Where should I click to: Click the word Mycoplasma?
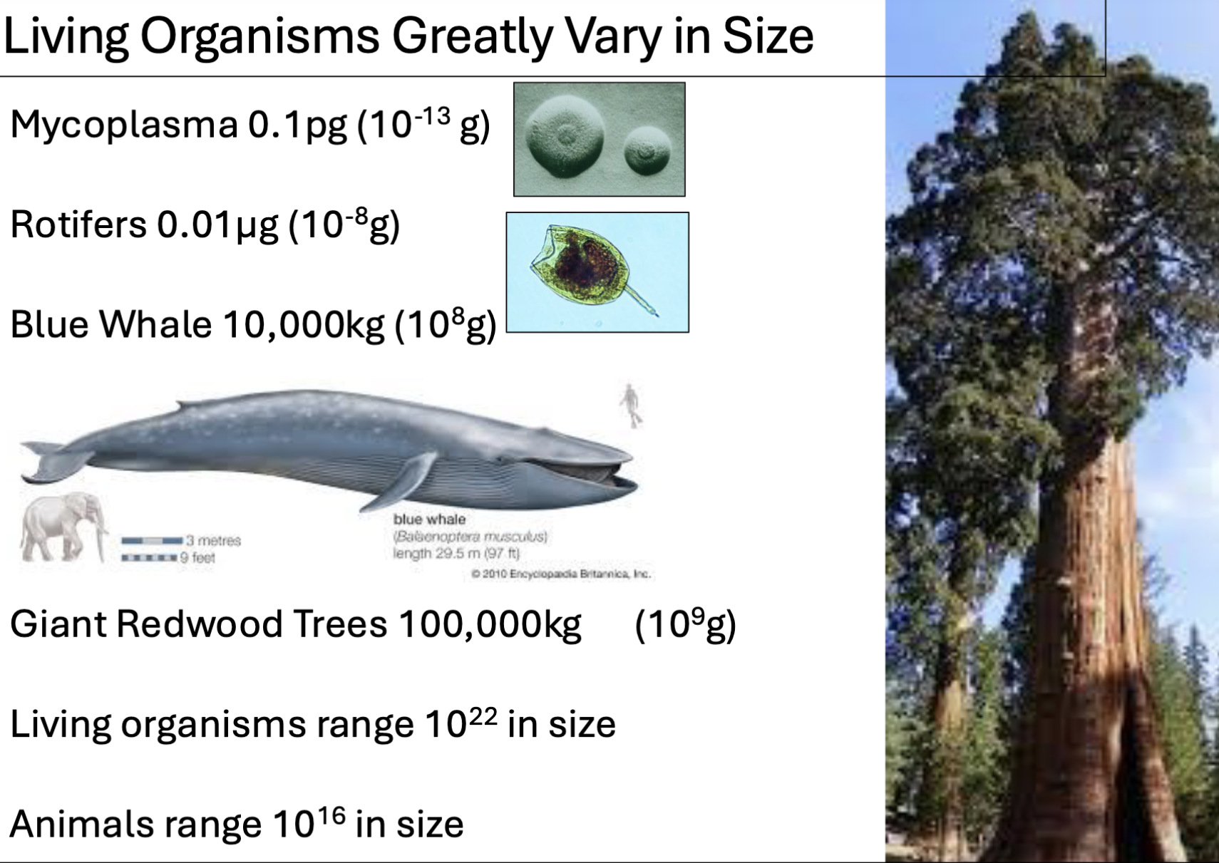coord(123,125)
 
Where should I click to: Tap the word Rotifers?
coord(78,225)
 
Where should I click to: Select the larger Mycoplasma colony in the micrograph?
coord(565,136)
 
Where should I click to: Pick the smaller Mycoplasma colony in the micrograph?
coord(647,152)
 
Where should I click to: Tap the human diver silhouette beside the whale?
coord(630,405)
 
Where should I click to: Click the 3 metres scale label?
coord(213,541)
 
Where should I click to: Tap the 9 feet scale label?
coord(197,558)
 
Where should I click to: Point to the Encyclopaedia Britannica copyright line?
coord(561,574)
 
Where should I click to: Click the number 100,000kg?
coord(490,625)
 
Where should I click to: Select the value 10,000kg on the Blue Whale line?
coord(303,326)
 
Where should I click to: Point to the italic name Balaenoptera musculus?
coord(470,537)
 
